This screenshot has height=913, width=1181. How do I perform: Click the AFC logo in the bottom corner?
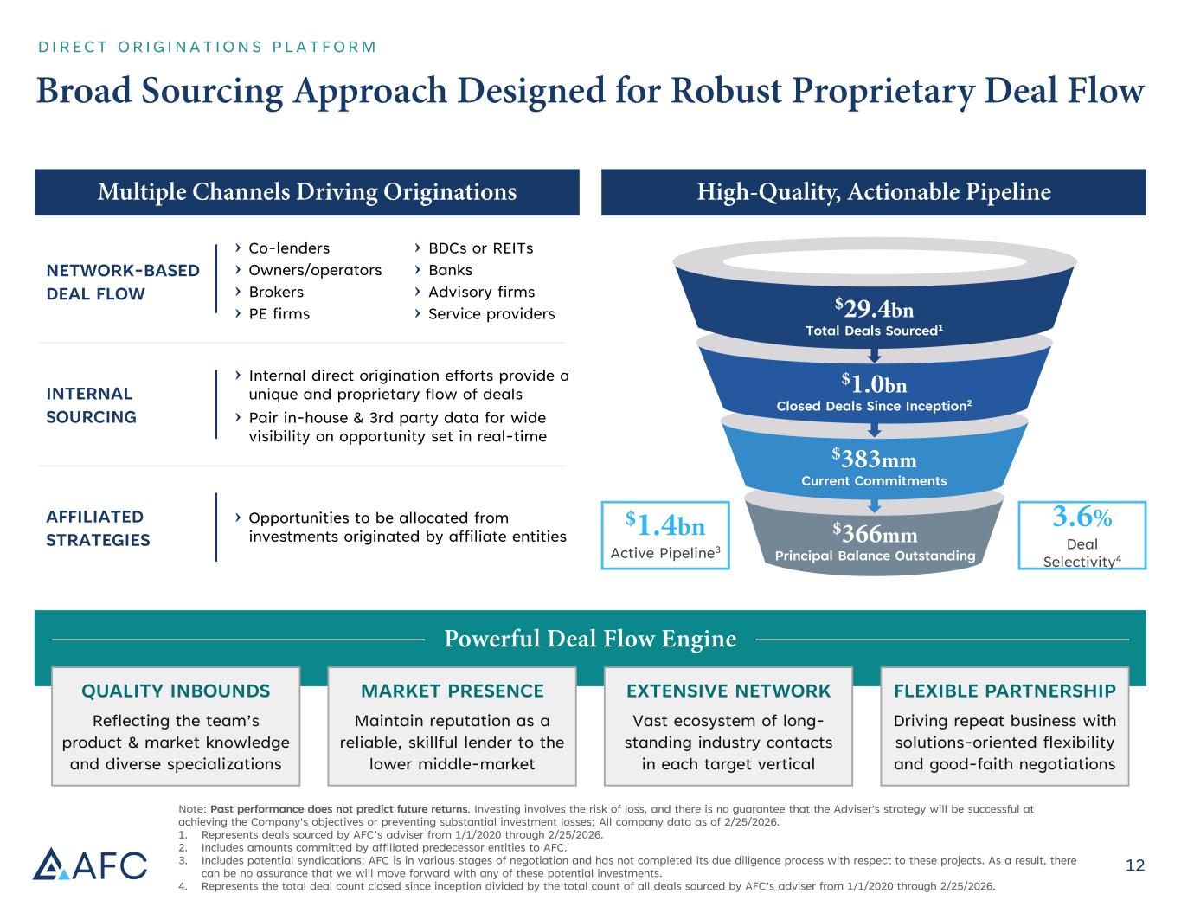pyautogui.click(x=90, y=863)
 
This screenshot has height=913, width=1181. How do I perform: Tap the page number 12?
pyautogui.click(x=1134, y=865)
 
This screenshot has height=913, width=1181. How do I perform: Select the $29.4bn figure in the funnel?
pyautogui.click(x=874, y=310)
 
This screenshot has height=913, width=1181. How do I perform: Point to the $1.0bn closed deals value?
pyautogui.click(x=874, y=384)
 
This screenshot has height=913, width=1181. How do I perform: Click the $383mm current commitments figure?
pyautogui.click(x=874, y=459)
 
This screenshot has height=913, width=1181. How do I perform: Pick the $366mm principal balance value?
pyautogui.click(x=874, y=534)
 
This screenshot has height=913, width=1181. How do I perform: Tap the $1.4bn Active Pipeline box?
pyautogui.click(x=665, y=535)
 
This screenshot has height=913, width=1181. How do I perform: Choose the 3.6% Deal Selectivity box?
pyautogui.click(x=1082, y=535)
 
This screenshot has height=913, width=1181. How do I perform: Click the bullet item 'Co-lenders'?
pyautogui.click(x=288, y=248)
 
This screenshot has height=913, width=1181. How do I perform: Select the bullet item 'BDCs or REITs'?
pyautogui.click(x=480, y=248)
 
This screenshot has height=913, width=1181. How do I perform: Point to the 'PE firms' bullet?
pyautogui.click(x=279, y=313)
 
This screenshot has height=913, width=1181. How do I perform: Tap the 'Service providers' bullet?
pyautogui.click(x=491, y=313)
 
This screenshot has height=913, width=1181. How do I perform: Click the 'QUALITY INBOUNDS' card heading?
pyautogui.click(x=176, y=691)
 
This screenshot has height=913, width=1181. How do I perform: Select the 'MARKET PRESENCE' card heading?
pyautogui.click(x=452, y=691)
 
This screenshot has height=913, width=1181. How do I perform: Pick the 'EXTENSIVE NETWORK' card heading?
pyautogui.click(x=728, y=691)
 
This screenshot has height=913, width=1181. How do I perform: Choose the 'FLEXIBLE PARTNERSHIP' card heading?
pyautogui.click(x=1004, y=691)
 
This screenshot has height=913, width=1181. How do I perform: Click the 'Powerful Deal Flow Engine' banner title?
pyautogui.click(x=590, y=639)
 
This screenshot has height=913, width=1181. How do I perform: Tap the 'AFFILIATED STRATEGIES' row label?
pyautogui.click(x=98, y=528)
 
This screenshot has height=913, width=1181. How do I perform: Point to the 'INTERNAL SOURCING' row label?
pyautogui.click(x=91, y=405)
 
